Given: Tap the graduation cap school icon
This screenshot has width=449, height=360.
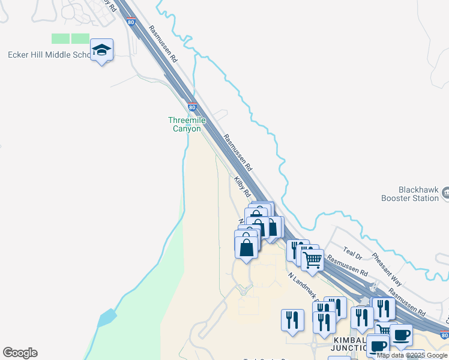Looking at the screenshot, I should [x=101, y=50].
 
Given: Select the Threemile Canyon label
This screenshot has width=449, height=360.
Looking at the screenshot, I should [x=187, y=124].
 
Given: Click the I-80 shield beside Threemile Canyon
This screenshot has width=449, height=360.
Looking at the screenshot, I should [x=192, y=107].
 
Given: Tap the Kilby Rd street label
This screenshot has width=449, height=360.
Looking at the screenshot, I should [x=243, y=187].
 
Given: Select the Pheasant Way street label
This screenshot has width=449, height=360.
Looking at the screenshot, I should [x=387, y=268].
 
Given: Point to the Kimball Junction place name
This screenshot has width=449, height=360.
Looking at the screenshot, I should [x=345, y=344].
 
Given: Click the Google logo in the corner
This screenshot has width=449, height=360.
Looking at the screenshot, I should [x=20, y=353].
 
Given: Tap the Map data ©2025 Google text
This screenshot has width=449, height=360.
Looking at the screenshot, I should [x=412, y=356].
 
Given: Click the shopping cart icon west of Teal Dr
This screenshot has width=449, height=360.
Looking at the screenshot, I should [x=312, y=260].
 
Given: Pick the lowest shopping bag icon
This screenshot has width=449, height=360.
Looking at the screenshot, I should [x=247, y=247].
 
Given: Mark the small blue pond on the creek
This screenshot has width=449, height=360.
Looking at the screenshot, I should [x=106, y=317].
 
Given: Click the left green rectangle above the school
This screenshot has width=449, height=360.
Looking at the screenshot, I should [x=61, y=38].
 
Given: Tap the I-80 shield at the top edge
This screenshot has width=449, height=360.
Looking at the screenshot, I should [x=131, y=22].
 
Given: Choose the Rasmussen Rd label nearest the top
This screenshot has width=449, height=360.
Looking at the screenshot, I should [x=163, y=44].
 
